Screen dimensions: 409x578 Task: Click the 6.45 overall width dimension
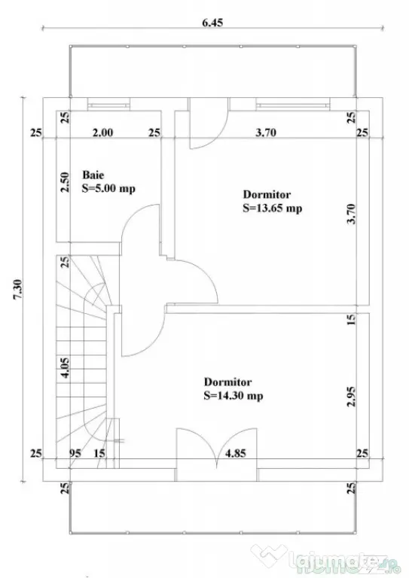point(212,23)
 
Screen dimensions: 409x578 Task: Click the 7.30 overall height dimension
point(18,290)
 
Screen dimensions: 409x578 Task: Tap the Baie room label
point(93,175)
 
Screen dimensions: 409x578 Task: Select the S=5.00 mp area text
point(108,188)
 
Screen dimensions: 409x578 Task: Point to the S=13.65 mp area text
point(272,208)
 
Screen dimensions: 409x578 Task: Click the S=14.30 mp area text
point(233,396)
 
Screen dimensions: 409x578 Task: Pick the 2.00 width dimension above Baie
point(102,132)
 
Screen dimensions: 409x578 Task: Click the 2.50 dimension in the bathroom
point(65,182)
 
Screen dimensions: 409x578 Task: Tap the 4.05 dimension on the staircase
point(65,368)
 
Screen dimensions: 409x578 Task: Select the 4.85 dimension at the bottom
point(235,453)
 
